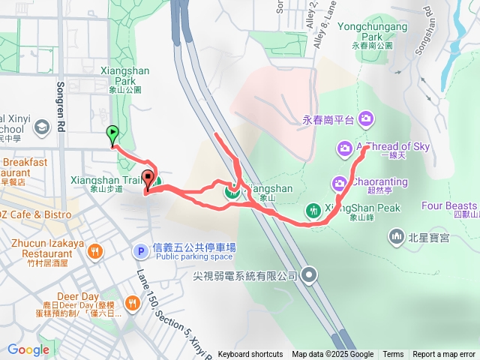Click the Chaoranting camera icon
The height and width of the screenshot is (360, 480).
point(338,182)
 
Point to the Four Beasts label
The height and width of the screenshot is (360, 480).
point(449,205)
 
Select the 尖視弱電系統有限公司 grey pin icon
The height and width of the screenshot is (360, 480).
point(310,276)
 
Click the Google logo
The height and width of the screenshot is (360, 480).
point(28,349)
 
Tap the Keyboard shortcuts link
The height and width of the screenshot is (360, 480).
point(250,355)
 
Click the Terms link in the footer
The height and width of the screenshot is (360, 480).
point(393,355)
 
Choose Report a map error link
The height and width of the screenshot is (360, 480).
point(444,355)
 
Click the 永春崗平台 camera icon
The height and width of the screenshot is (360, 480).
point(366,118)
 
